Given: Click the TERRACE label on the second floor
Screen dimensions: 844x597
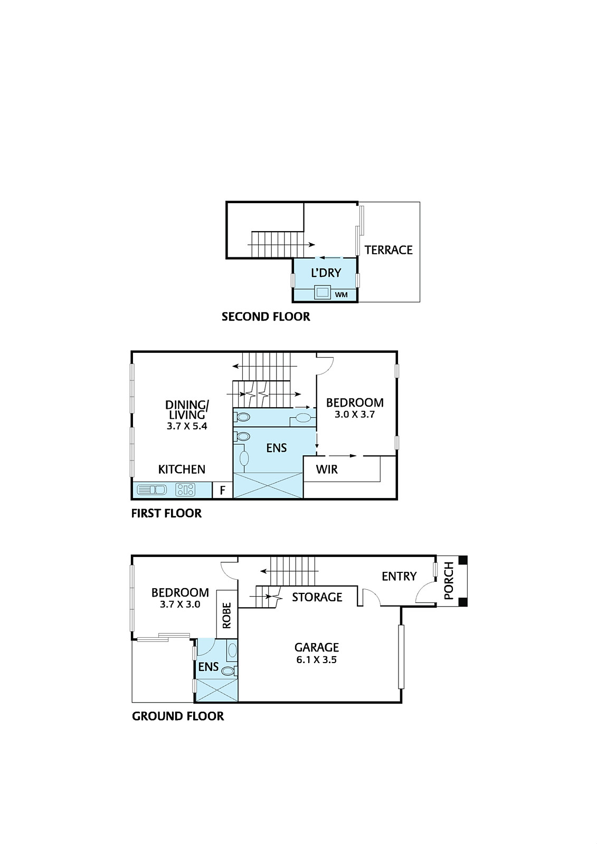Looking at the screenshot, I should (388, 250).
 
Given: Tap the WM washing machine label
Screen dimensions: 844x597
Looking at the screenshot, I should (342, 295).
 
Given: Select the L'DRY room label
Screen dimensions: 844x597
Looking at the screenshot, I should (326, 273).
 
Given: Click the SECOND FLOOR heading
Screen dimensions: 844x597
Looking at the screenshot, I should (266, 317).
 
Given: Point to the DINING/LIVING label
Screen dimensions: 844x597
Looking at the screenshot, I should (187, 410).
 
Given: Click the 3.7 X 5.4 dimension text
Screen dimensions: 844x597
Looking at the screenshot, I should (187, 426).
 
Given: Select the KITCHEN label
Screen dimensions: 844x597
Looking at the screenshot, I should (182, 469).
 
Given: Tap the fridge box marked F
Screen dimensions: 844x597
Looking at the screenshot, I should (223, 491).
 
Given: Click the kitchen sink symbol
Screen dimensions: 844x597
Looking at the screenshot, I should (151, 490).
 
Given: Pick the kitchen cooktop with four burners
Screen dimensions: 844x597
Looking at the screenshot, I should (185, 490).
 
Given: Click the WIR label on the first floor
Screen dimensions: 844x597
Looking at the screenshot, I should (327, 469).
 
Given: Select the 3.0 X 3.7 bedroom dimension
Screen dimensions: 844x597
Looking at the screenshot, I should (355, 415).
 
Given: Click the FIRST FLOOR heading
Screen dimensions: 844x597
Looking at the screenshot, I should (166, 513).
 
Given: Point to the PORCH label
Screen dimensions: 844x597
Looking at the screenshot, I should (449, 581).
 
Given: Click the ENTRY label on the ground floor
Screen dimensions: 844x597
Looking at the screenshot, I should (399, 577).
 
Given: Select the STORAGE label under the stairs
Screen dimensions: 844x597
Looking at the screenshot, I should (317, 597).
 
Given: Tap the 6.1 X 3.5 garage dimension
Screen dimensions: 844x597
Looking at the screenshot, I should (317, 660).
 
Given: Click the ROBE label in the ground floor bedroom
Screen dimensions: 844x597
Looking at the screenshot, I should (227, 616).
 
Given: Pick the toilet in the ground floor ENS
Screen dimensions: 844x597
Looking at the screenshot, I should (229, 671).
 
